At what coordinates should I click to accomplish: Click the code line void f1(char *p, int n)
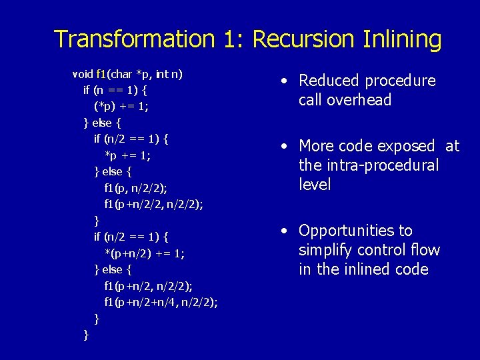(127, 73)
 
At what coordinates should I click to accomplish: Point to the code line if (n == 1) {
(115, 89)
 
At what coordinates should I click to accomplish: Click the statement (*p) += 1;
(121, 106)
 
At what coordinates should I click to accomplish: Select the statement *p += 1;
(127, 155)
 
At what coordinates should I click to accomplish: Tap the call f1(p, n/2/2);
(136, 188)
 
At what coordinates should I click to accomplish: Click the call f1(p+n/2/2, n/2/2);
(153, 204)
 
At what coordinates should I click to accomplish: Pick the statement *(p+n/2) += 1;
(145, 253)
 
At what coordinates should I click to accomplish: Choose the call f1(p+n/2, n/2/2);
(149, 286)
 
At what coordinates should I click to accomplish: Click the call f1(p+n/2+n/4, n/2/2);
(161, 302)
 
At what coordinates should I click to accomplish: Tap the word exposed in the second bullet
(406, 146)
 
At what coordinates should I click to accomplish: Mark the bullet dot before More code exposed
(284, 146)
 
